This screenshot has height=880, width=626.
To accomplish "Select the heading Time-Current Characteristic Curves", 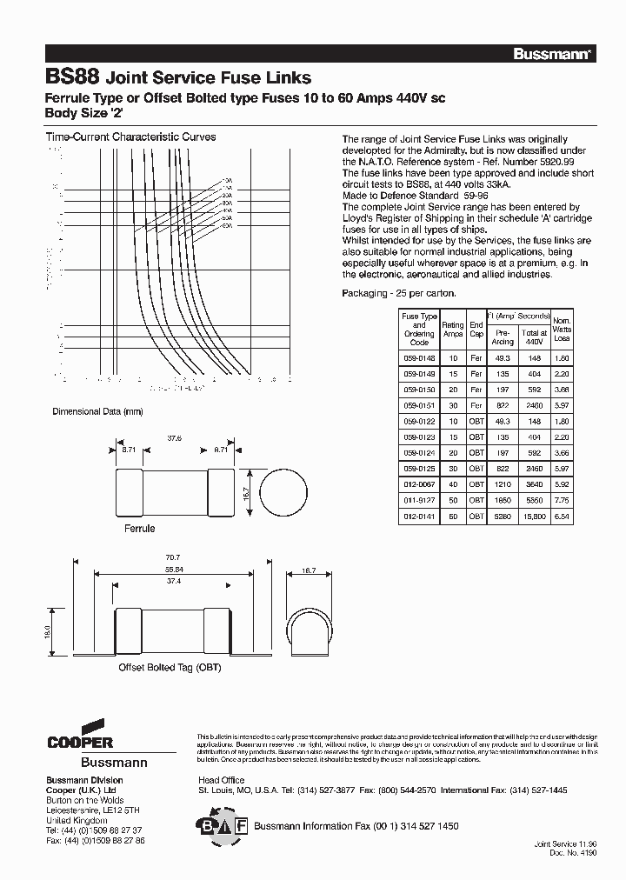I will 130,137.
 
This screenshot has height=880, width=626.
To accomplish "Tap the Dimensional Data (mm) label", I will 97,410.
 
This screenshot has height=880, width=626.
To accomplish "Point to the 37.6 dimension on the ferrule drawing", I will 174,439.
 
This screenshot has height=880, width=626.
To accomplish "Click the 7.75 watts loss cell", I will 563,500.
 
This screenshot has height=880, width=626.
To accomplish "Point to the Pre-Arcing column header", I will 503,337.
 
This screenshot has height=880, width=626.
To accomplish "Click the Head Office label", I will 222,780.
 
